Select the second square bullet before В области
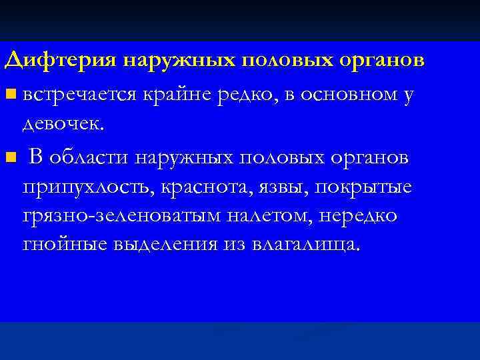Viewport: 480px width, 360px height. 9,158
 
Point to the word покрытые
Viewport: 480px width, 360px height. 369,188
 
